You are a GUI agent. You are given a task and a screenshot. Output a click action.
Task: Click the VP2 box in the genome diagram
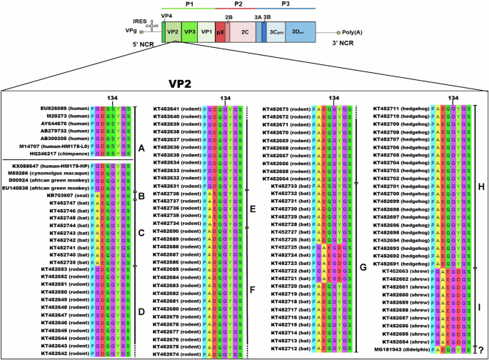(x=171, y=31)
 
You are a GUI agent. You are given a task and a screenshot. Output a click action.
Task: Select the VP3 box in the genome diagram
(x=189, y=31)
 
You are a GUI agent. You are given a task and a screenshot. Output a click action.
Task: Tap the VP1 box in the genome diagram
(x=206, y=31)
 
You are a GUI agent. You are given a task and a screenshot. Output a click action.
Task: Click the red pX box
(x=221, y=31)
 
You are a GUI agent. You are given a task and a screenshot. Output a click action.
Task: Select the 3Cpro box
(x=277, y=31)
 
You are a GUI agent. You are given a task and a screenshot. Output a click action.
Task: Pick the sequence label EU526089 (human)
(x=65, y=109)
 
